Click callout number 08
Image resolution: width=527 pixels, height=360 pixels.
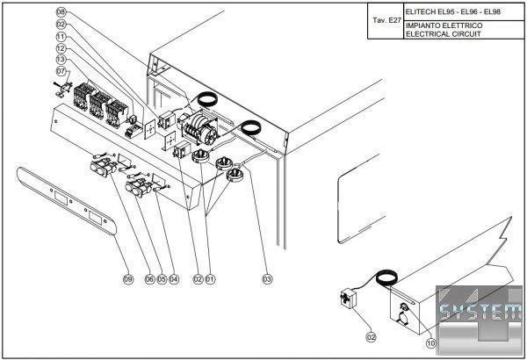pos(61,12)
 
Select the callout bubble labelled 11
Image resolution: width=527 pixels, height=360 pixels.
pos(61,37)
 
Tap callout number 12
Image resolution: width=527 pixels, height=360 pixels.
pos(61,47)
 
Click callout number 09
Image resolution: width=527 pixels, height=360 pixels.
pos(127,279)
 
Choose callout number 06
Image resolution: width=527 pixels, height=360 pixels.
pos(149,279)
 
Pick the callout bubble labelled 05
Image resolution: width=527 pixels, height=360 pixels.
pos(162,279)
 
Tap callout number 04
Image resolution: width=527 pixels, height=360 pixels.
pos(174,279)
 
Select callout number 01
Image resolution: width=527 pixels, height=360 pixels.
pos(211,279)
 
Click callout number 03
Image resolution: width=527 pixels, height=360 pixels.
pos(267,279)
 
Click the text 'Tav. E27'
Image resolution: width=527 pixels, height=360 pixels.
pos(386,18)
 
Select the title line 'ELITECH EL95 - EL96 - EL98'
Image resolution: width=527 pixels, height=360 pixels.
pos(451,11)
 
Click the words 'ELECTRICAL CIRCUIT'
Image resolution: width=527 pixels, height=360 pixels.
pos(443,35)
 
